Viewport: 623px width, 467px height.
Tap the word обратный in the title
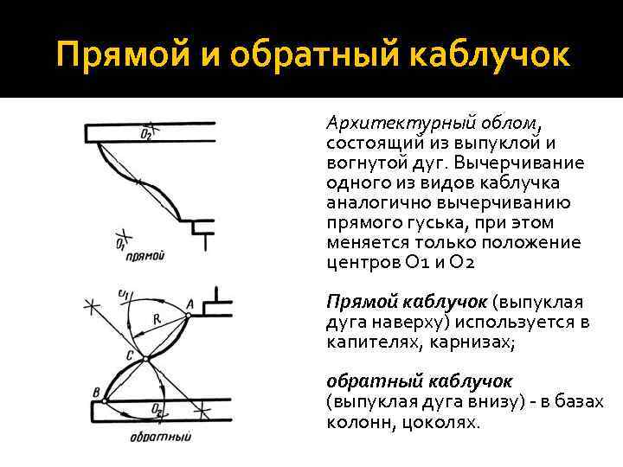tap(292, 55)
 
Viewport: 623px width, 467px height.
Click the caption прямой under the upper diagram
tap(145, 256)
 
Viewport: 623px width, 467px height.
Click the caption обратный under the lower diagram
tap(160, 436)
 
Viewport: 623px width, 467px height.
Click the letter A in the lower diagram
tap(190, 302)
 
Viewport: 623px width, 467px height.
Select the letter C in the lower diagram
tap(129, 355)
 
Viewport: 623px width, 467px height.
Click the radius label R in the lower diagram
tap(157, 319)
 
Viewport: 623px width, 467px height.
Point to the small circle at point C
tap(145, 357)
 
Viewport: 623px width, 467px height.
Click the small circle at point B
tap(104, 400)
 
